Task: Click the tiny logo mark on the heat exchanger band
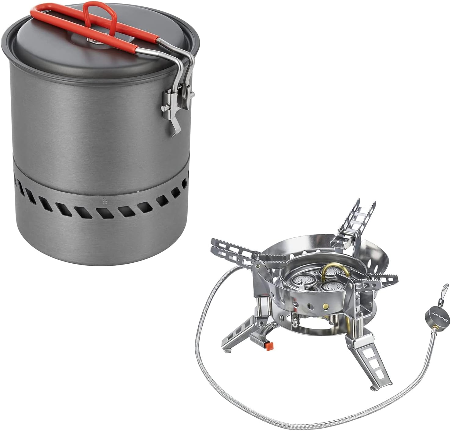pyautogui.click(x=105, y=201)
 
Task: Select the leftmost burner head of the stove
pyautogui.click(x=301, y=280)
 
